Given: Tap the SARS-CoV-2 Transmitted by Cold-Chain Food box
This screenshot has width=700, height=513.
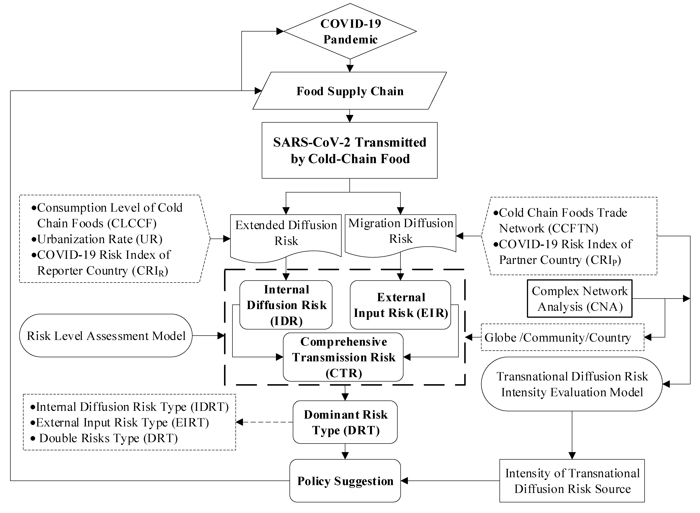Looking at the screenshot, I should click(350, 150).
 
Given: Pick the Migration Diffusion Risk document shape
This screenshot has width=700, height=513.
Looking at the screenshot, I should click(401, 231).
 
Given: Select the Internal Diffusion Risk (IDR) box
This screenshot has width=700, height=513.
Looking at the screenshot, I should click(286, 305).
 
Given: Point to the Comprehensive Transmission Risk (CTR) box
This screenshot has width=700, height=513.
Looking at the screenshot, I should click(343, 357).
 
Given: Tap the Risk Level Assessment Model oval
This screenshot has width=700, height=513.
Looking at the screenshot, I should click(106, 336).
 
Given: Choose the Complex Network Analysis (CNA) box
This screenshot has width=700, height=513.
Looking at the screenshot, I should click(579, 299).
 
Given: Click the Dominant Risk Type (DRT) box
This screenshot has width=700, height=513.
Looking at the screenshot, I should click(345, 422).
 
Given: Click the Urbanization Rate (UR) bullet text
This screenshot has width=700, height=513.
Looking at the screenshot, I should click(99, 239).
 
